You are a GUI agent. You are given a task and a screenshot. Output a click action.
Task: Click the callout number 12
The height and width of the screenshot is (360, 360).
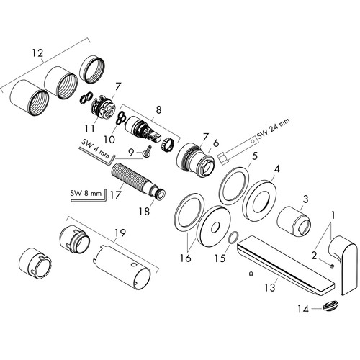tap(38, 53)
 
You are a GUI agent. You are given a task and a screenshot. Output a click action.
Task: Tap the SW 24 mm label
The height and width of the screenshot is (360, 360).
tap(274, 128)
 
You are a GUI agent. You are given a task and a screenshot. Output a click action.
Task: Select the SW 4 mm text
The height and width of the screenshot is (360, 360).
tap(95, 149)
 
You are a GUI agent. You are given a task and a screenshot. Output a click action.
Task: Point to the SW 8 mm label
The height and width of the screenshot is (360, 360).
tap(86, 192)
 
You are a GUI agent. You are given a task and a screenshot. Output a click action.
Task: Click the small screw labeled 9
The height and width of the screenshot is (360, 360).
tap(148, 152)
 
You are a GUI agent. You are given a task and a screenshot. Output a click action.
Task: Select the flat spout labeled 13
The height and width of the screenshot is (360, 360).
tap(286, 266)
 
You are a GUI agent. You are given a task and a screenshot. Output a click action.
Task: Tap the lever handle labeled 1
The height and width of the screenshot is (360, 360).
tap(344, 265)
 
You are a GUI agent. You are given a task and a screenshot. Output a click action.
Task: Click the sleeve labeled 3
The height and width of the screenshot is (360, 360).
tap(294, 220)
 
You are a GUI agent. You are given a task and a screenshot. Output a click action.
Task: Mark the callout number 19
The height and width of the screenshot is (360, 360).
tap(120, 233)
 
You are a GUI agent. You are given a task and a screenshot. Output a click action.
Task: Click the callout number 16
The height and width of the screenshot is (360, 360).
tap(185, 258)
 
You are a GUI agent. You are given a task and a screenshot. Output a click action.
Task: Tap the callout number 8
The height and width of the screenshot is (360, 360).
tap(158, 110)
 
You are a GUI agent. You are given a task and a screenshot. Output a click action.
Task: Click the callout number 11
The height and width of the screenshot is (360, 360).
tap(89, 129)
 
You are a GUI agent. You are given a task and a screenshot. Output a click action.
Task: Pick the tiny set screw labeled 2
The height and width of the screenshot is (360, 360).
tap(332, 266)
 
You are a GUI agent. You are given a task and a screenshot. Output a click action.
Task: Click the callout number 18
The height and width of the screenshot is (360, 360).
tap(144, 212)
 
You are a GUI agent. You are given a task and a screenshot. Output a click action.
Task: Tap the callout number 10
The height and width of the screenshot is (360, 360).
tap(109, 139)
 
